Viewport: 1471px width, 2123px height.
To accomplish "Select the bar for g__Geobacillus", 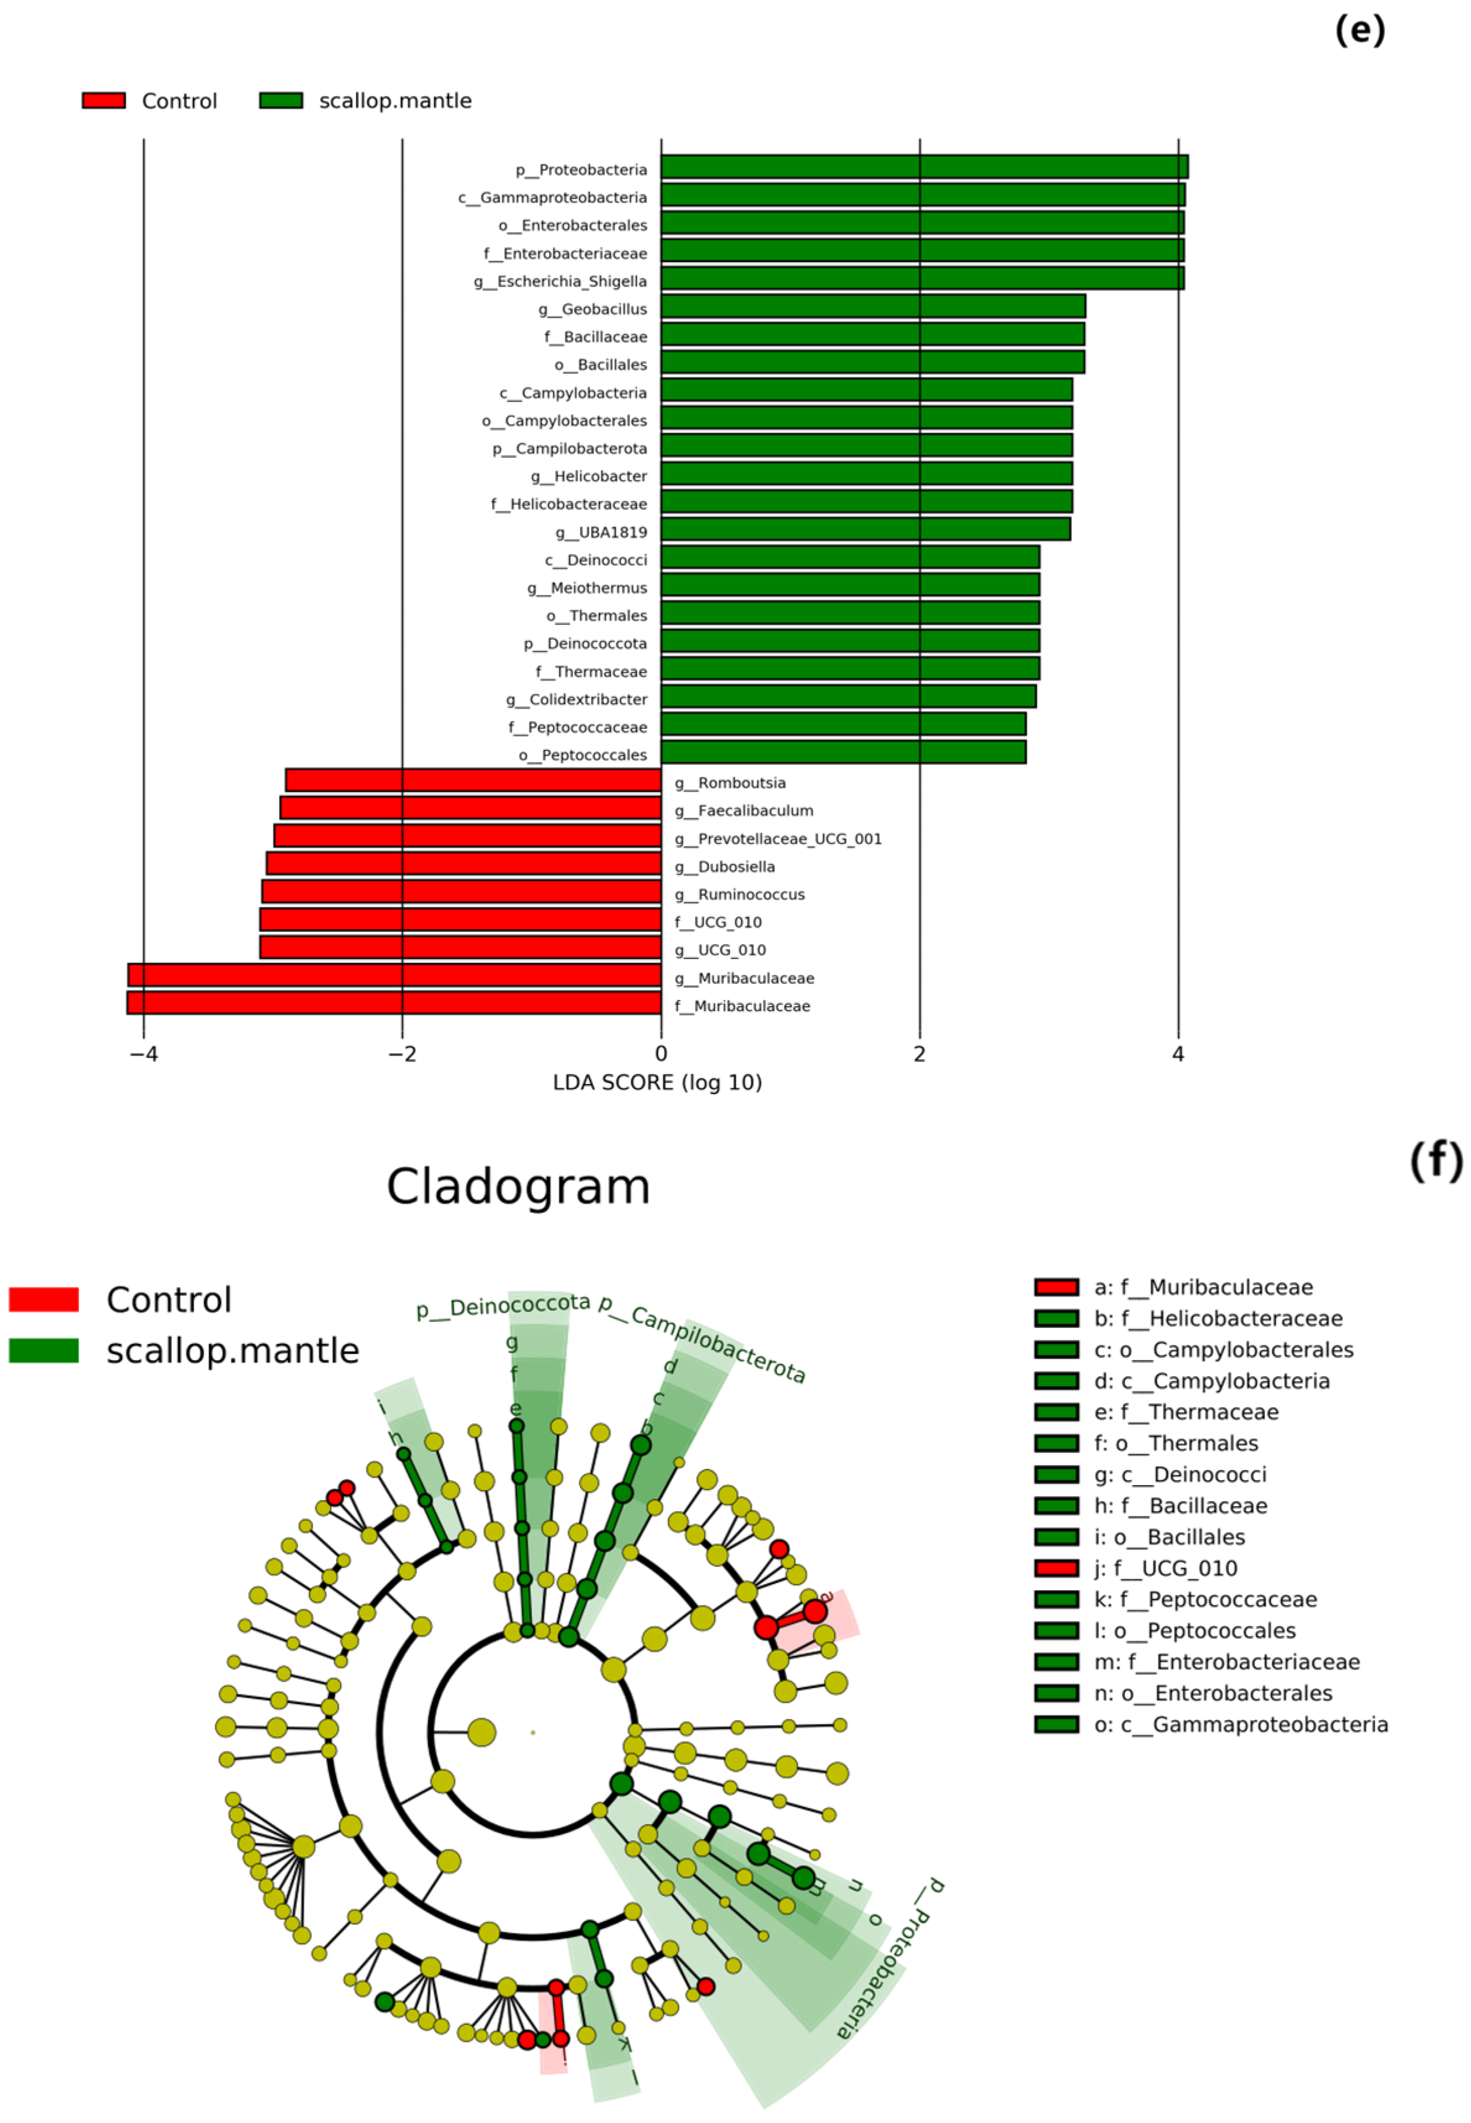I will click(x=873, y=306).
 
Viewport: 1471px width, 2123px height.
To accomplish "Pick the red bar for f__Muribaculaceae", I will click(x=394, y=1002).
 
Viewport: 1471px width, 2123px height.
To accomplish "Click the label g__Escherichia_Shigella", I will click(x=561, y=281).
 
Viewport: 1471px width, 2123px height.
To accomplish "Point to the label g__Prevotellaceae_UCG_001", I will click(x=778, y=838).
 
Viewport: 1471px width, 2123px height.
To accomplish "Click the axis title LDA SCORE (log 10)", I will click(x=657, y=1083).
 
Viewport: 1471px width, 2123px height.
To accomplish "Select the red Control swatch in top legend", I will click(x=103, y=100).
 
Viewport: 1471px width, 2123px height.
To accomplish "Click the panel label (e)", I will click(x=1360, y=30).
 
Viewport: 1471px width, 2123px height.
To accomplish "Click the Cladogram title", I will click(x=518, y=1187).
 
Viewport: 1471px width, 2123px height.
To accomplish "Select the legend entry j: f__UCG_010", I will click(x=1165, y=1569).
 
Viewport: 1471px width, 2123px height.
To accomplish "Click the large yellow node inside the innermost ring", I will click(x=481, y=1733).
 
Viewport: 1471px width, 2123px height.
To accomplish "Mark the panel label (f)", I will click(x=1435, y=1160).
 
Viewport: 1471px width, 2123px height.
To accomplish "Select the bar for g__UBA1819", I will click(x=865, y=529).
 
